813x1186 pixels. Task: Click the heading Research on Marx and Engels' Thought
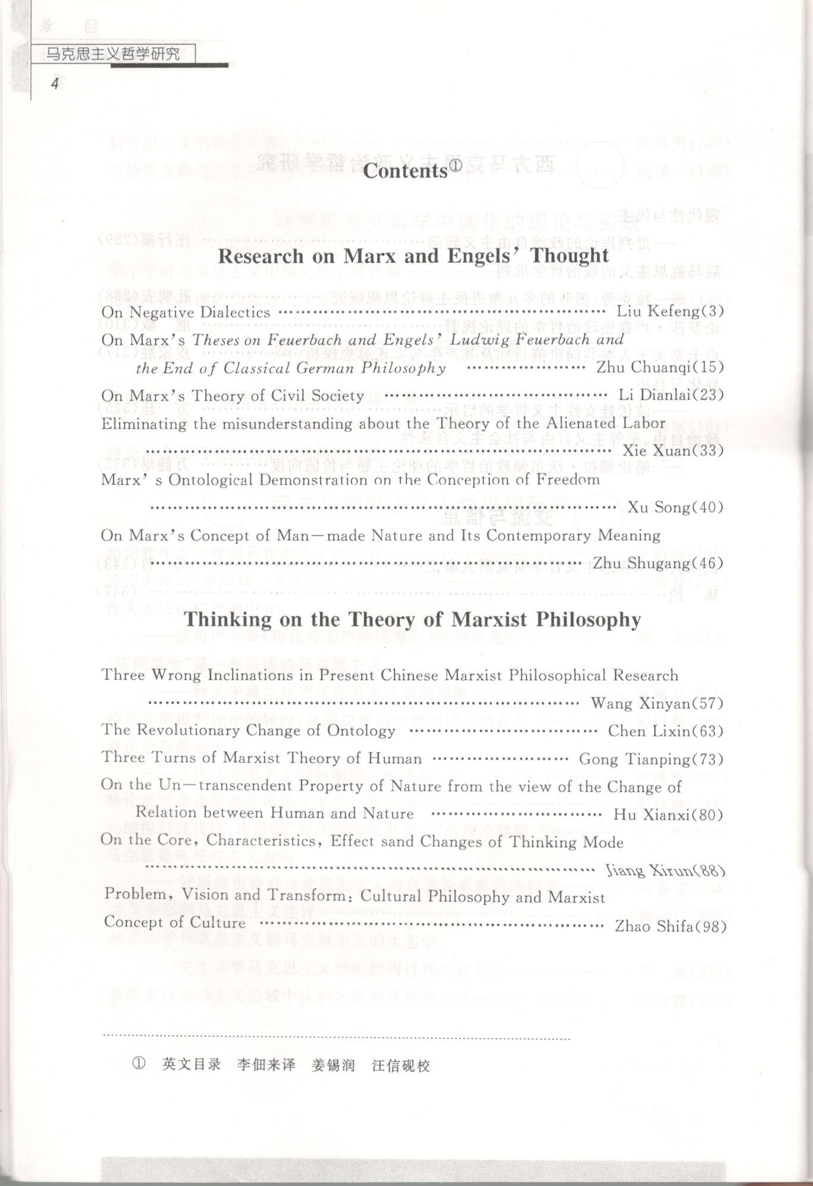coord(413,256)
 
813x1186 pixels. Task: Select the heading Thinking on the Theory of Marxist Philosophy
coord(412,619)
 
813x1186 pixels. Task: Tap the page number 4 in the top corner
coord(55,83)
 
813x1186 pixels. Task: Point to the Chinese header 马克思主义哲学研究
coord(113,55)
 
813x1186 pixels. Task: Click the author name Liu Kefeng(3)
coord(670,311)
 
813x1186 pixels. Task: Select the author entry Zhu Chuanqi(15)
coord(660,367)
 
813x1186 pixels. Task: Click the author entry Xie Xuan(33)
coord(673,451)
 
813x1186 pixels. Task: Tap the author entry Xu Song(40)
coord(675,507)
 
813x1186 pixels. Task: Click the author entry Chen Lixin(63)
coord(665,731)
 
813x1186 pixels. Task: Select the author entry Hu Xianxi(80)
coord(668,814)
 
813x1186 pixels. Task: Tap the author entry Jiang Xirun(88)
coord(664,871)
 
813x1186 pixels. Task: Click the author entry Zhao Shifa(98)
coord(670,926)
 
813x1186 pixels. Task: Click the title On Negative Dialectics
coord(186,312)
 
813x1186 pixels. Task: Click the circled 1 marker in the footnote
coord(138,1064)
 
